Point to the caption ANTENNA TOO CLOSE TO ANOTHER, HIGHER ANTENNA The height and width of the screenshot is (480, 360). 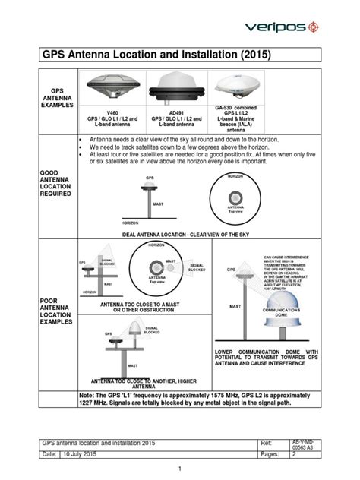pos(145,382)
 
